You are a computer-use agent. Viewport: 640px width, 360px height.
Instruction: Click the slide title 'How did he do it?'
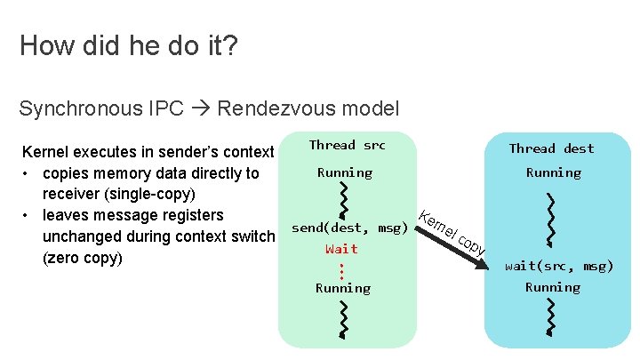pyautogui.click(x=128, y=45)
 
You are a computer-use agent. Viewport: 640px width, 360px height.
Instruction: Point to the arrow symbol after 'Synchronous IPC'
pyautogui.click(x=202, y=109)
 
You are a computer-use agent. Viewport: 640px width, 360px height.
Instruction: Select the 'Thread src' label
pyautogui.click(x=347, y=145)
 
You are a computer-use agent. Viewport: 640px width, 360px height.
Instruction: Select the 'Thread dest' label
pyautogui.click(x=551, y=148)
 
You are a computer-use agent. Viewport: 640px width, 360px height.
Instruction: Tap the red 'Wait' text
pyautogui.click(x=341, y=249)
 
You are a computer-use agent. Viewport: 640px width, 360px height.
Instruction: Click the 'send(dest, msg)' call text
pyautogui.click(x=349, y=228)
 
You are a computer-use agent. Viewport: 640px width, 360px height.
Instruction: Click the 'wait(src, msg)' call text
pyautogui.click(x=559, y=266)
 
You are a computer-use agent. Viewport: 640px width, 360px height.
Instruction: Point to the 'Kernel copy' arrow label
pyautogui.click(x=452, y=234)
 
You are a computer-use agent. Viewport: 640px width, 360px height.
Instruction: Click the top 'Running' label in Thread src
pyautogui.click(x=345, y=172)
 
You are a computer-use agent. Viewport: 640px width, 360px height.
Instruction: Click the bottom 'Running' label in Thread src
pyautogui.click(x=343, y=288)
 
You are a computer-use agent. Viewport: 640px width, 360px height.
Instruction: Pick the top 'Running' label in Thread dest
pyautogui.click(x=553, y=172)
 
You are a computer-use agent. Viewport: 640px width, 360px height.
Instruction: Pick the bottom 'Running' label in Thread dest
pyautogui.click(x=552, y=287)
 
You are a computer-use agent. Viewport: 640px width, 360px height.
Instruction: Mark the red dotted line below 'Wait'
pyautogui.click(x=342, y=268)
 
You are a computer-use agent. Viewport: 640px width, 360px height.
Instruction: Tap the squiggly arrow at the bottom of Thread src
pyautogui.click(x=343, y=318)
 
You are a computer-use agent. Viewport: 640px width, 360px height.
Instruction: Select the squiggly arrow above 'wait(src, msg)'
pyautogui.click(x=553, y=217)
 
